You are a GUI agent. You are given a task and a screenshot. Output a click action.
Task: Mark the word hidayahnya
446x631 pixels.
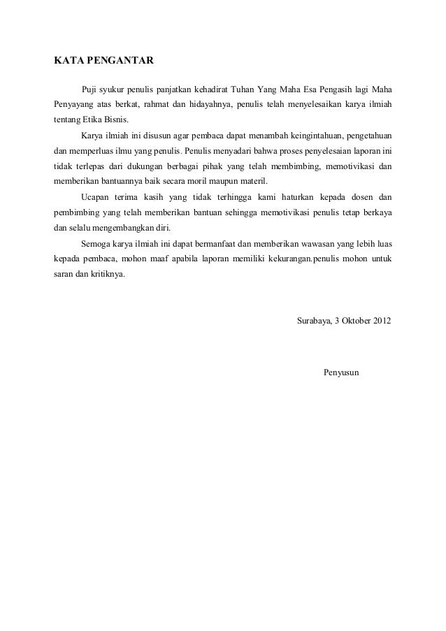click(x=209, y=105)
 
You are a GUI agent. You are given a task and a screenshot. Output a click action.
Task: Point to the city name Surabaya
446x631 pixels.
click(x=315, y=321)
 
